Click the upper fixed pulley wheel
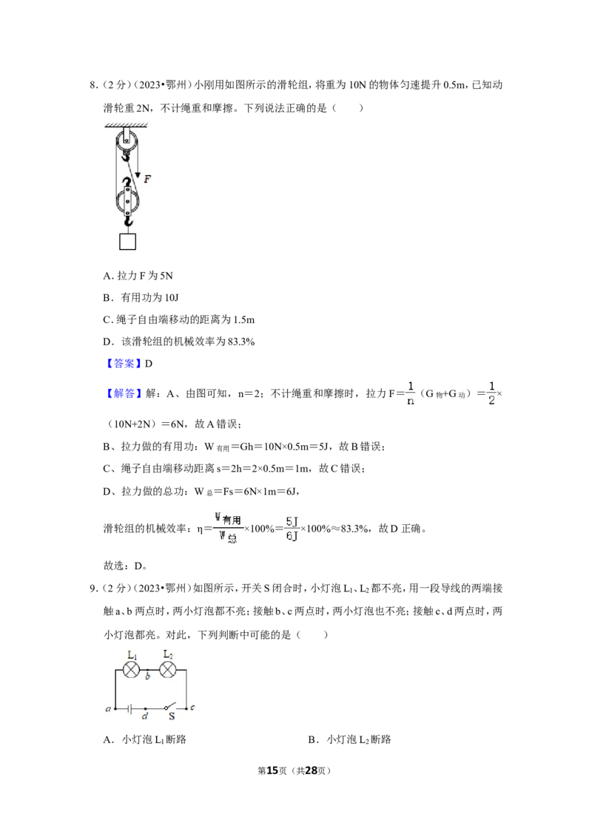pos(126,141)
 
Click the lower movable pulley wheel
pos(127,202)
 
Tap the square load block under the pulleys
pos(127,241)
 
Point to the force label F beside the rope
pos(147,179)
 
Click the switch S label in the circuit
pos(172,717)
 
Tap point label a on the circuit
pos(109,709)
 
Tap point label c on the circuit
pos(192,708)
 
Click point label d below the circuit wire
pos(145,716)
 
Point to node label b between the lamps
pos(148,677)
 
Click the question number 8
pos(93,85)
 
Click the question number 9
pos(93,589)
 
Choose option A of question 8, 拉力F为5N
pos(138,276)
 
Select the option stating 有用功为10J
pos(141,297)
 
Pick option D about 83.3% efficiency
pos(179,342)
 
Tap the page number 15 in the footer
pos(272,770)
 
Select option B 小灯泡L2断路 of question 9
pos(349,739)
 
